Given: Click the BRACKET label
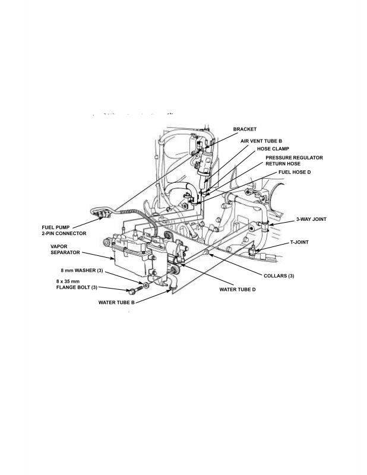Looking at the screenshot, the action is (245, 129).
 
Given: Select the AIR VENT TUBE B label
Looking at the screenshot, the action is (261, 141).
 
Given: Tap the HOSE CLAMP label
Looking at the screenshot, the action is (273, 149).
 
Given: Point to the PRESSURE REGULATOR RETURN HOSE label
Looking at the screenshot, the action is (294, 160).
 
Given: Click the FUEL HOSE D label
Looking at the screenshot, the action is (295, 172).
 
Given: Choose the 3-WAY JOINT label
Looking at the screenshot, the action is (311, 219).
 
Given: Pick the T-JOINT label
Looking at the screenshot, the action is (299, 242).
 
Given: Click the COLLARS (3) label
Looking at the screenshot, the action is (279, 276).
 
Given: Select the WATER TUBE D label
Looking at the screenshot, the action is (238, 290).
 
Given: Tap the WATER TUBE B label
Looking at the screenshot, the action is (116, 302).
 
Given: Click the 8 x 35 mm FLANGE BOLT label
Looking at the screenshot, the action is (77, 284).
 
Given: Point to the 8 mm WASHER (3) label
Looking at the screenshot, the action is (82, 270).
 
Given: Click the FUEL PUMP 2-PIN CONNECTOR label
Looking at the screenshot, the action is (64, 230).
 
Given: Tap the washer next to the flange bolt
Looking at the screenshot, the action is (146, 286).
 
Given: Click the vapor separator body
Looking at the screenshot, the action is (130, 258).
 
